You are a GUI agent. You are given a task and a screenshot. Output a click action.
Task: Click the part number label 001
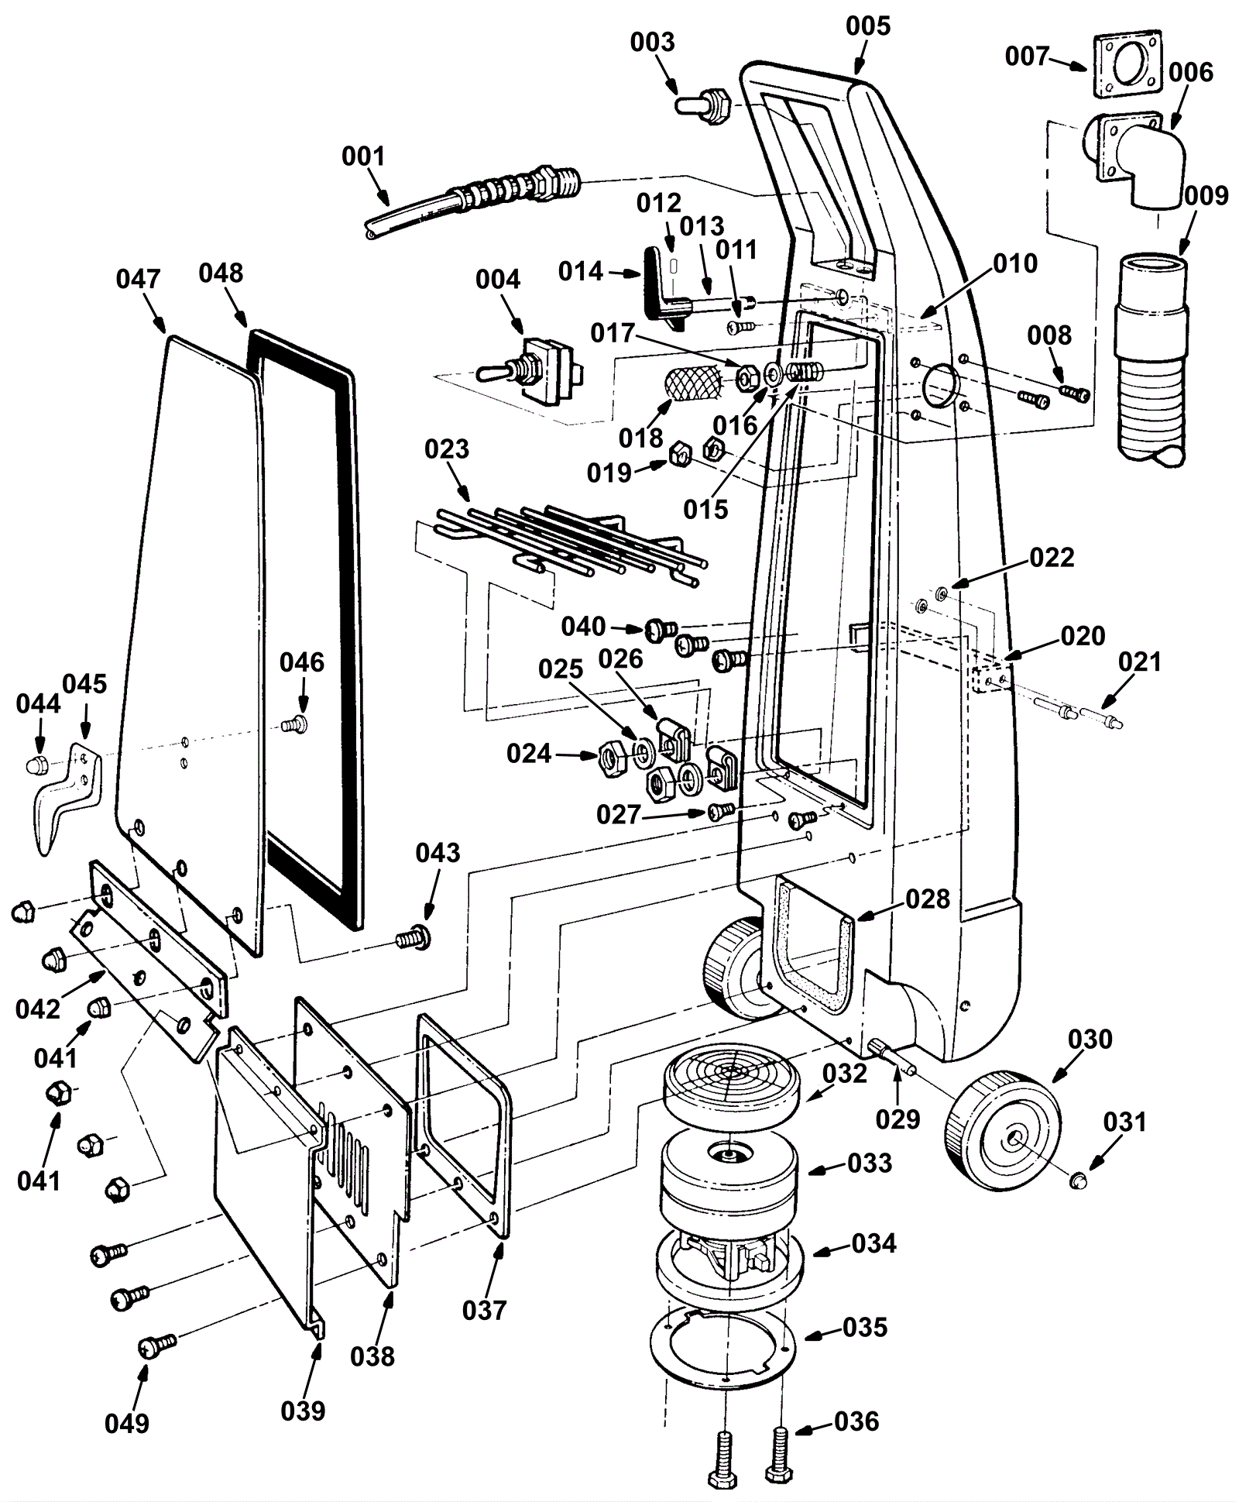[363, 156]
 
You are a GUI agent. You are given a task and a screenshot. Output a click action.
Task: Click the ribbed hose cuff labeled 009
[1151, 356]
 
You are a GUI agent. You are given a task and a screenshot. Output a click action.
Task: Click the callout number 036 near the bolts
[856, 1421]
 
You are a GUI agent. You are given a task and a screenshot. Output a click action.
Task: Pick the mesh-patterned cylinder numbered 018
[692, 383]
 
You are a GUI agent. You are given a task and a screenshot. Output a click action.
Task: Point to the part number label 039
[303, 1411]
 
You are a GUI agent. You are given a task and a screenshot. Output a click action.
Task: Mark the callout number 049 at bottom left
[127, 1423]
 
